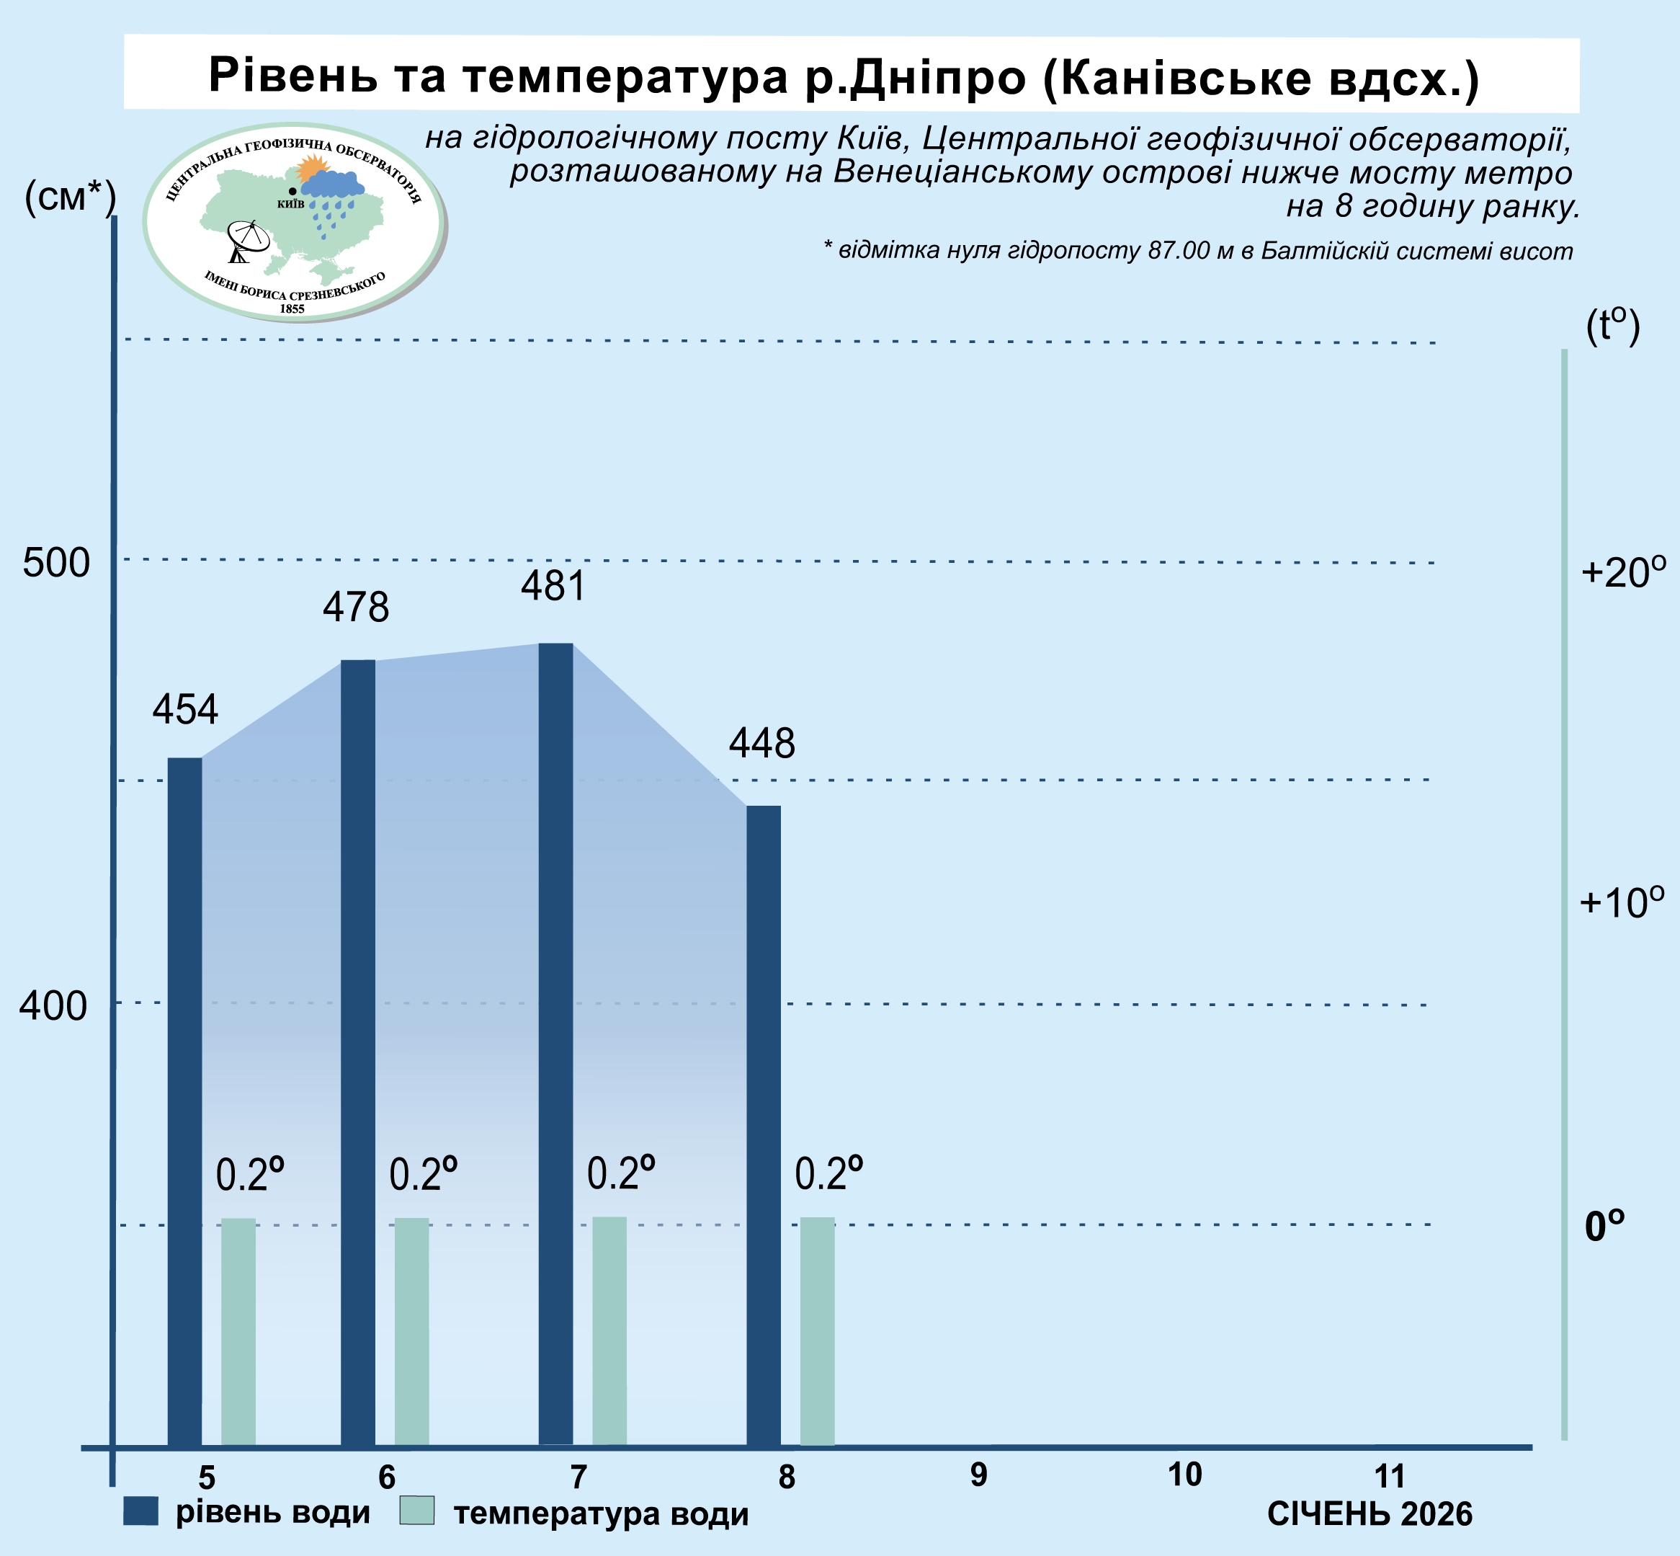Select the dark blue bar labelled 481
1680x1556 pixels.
tap(555, 1044)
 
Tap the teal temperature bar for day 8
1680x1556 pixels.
tap(817, 1331)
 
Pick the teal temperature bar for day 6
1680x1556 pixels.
tap(411, 1331)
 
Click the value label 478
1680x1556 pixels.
tap(356, 607)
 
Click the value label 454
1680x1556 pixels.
tap(185, 709)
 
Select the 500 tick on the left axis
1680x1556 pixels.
tap(55, 562)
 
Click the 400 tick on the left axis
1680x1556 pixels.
tap(53, 1005)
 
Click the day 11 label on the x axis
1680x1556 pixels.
tap(1390, 1476)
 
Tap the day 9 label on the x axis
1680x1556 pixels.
tap(978, 1475)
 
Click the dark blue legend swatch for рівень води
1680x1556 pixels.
tap(140, 1511)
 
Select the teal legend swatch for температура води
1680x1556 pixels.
tap(416, 1510)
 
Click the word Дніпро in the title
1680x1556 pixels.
tap(936, 76)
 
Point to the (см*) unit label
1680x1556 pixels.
tap(71, 198)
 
